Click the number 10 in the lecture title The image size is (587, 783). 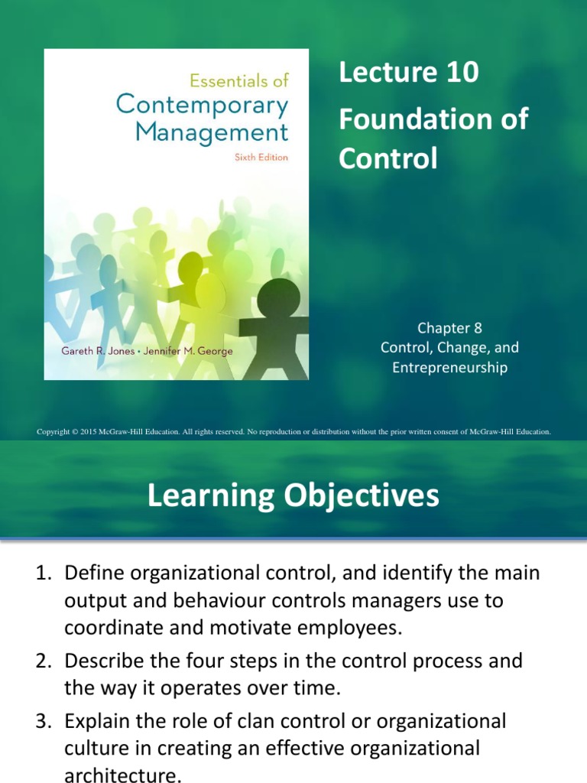tap(461, 73)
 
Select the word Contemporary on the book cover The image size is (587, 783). tap(202, 105)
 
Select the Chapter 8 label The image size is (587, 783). tap(449, 328)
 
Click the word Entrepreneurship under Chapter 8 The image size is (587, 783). tap(449, 368)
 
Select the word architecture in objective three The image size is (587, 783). tap(122, 774)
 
